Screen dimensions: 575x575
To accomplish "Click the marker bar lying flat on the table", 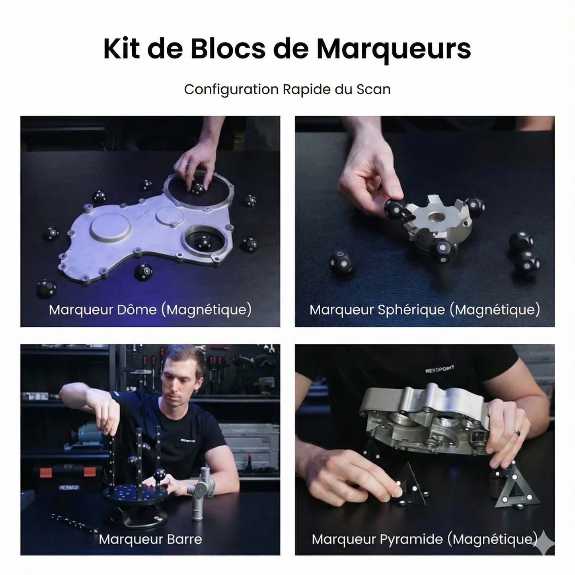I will pyautogui.click(x=74, y=524).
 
